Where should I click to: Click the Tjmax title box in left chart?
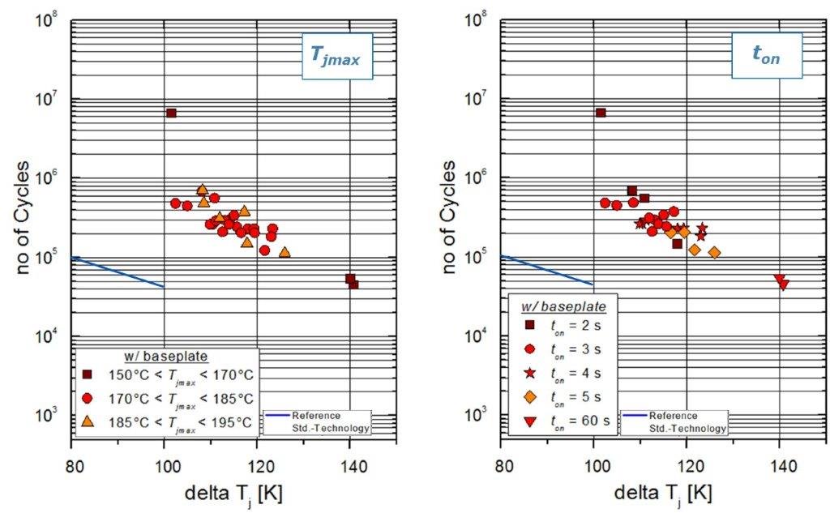[337, 56]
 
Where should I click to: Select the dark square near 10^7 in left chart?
[171, 113]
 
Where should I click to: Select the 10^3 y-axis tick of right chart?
[478, 415]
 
